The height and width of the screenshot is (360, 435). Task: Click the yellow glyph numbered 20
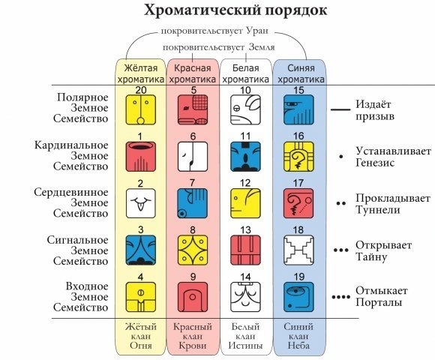pyautogui.click(x=141, y=109)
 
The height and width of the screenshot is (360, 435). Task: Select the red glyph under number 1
pyautogui.click(x=141, y=157)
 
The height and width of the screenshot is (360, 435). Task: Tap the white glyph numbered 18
pyautogui.click(x=298, y=250)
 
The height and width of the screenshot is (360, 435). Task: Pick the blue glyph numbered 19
pyautogui.click(x=298, y=297)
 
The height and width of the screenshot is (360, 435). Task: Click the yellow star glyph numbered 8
pyautogui.click(x=193, y=250)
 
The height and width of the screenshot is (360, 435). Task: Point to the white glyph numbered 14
pyautogui.click(x=245, y=297)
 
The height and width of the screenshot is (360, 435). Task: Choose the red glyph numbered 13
pyautogui.click(x=245, y=250)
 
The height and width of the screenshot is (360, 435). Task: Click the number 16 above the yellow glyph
pyautogui.click(x=298, y=136)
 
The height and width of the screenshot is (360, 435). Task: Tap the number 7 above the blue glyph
pyautogui.click(x=192, y=183)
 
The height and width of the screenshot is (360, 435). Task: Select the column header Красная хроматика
pyautogui.click(x=193, y=73)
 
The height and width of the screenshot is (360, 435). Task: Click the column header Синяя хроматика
pyautogui.click(x=301, y=73)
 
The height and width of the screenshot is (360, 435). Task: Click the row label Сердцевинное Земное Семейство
pyautogui.click(x=71, y=202)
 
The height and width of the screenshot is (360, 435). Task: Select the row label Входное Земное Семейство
pyautogui.click(x=81, y=297)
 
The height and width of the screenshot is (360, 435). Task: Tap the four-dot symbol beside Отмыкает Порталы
pyautogui.click(x=341, y=297)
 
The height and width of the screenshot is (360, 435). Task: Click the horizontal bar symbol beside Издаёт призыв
pyautogui.click(x=340, y=109)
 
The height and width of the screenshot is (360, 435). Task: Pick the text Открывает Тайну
pyautogui.click(x=384, y=251)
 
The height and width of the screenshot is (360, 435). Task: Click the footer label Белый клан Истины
pyautogui.click(x=245, y=336)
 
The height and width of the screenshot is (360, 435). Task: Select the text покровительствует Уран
pyautogui.click(x=214, y=31)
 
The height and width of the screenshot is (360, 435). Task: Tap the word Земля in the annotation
pyautogui.click(x=262, y=47)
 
